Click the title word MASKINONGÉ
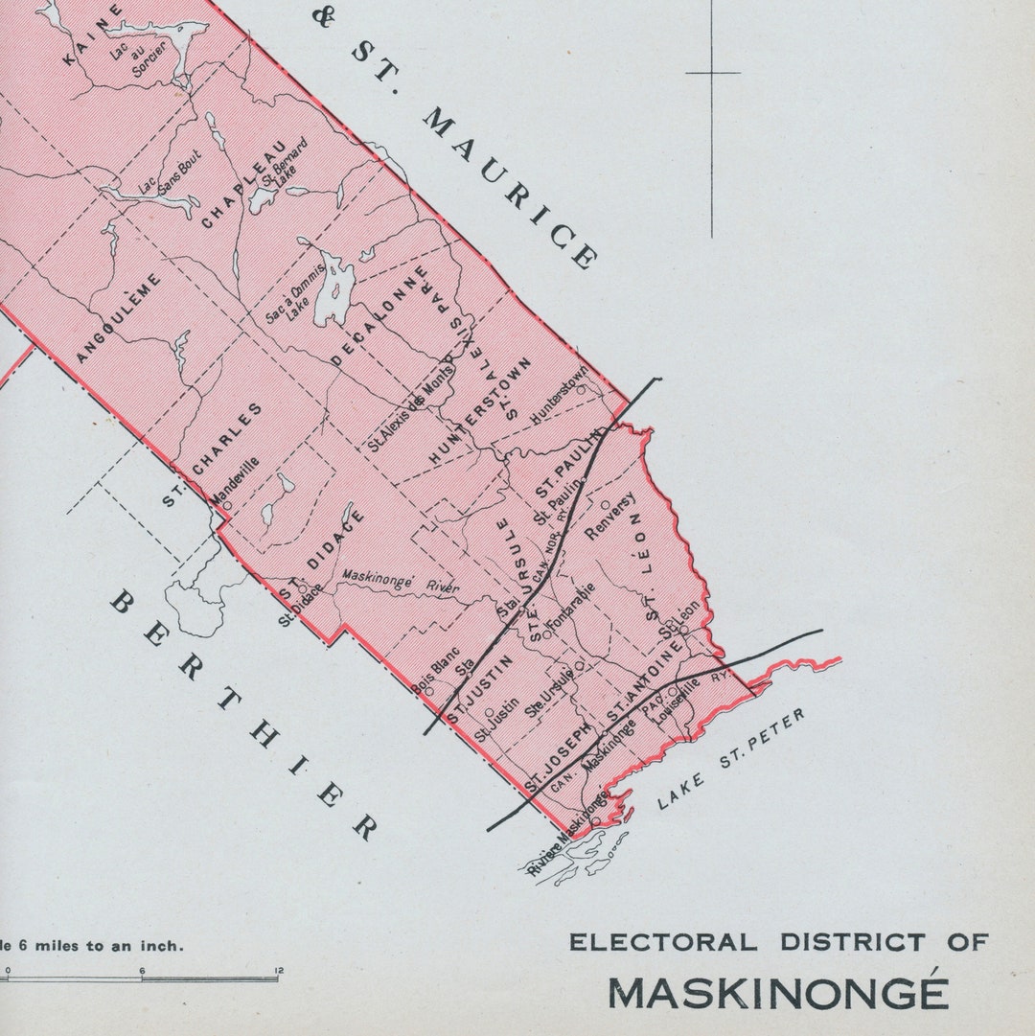coord(778,994)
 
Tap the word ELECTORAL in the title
coord(662,943)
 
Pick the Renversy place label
coord(609,518)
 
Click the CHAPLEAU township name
coord(245,184)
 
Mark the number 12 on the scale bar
coord(278,971)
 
